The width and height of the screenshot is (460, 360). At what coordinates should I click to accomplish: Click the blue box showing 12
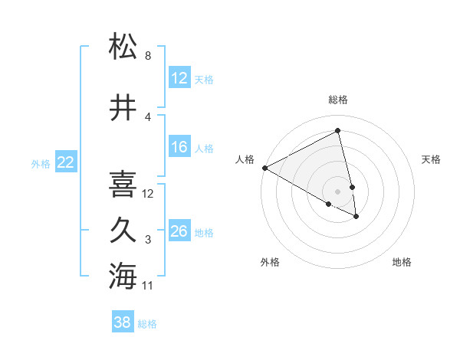coord(179,78)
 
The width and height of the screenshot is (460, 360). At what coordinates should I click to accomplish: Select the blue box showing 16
coord(179,148)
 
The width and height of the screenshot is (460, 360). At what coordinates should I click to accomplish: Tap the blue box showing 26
coord(179,231)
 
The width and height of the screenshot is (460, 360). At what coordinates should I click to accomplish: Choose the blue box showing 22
coord(65,162)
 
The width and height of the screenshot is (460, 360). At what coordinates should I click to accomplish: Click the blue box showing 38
coord(123,323)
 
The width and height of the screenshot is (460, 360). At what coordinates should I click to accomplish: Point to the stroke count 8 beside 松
coord(147,56)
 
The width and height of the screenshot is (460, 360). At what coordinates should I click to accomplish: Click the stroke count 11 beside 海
coord(148,286)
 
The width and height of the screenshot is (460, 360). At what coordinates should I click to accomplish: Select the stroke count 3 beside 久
coord(147,240)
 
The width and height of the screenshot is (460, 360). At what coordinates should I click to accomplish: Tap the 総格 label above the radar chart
coord(338,100)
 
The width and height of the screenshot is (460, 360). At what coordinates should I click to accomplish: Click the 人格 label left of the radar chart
coord(245,159)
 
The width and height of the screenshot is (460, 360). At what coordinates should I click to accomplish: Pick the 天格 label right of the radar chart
coord(431,159)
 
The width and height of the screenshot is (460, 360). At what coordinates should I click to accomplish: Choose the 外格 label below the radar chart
coord(270,263)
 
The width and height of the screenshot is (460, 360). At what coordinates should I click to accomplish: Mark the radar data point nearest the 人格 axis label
coord(264,168)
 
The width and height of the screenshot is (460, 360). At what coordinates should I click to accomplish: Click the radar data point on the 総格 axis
coord(338,131)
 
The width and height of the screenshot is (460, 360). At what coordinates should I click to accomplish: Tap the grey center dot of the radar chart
coord(338,191)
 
